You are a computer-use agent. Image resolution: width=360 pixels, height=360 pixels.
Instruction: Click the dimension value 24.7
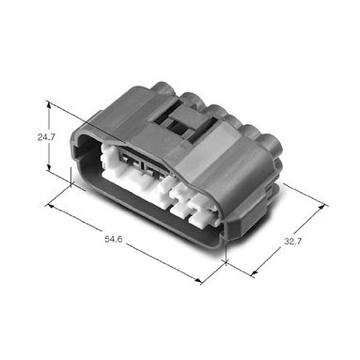click(x=46, y=137)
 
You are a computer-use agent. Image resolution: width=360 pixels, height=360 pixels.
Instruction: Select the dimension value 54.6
click(x=114, y=240)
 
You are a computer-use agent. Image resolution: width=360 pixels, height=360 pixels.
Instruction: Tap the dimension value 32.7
click(x=293, y=242)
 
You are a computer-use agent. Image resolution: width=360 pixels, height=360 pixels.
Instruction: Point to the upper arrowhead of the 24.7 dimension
click(x=49, y=105)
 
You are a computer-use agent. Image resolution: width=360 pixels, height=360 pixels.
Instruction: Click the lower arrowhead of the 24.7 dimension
click(x=49, y=167)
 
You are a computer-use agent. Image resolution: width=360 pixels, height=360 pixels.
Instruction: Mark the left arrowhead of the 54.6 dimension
click(x=50, y=206)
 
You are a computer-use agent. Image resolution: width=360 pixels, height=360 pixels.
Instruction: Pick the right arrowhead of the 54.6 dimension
click(x=198, y=280)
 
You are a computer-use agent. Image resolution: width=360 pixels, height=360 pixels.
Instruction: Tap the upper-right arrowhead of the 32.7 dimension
click(x=321, y=208)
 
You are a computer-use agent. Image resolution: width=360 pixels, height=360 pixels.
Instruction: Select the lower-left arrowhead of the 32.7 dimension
click(x=255, y=273)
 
